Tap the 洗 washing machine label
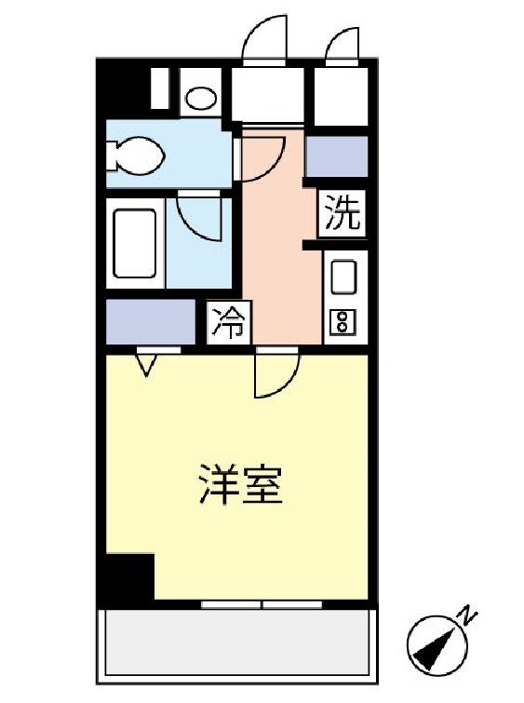point(341,216)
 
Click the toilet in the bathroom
point(135,155)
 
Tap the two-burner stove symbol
point(342,322)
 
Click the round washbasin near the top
point(201,96)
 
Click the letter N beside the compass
point(470,615)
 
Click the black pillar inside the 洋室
point(128,576)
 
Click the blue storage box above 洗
point(337,156)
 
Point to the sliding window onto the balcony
point(262,604)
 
